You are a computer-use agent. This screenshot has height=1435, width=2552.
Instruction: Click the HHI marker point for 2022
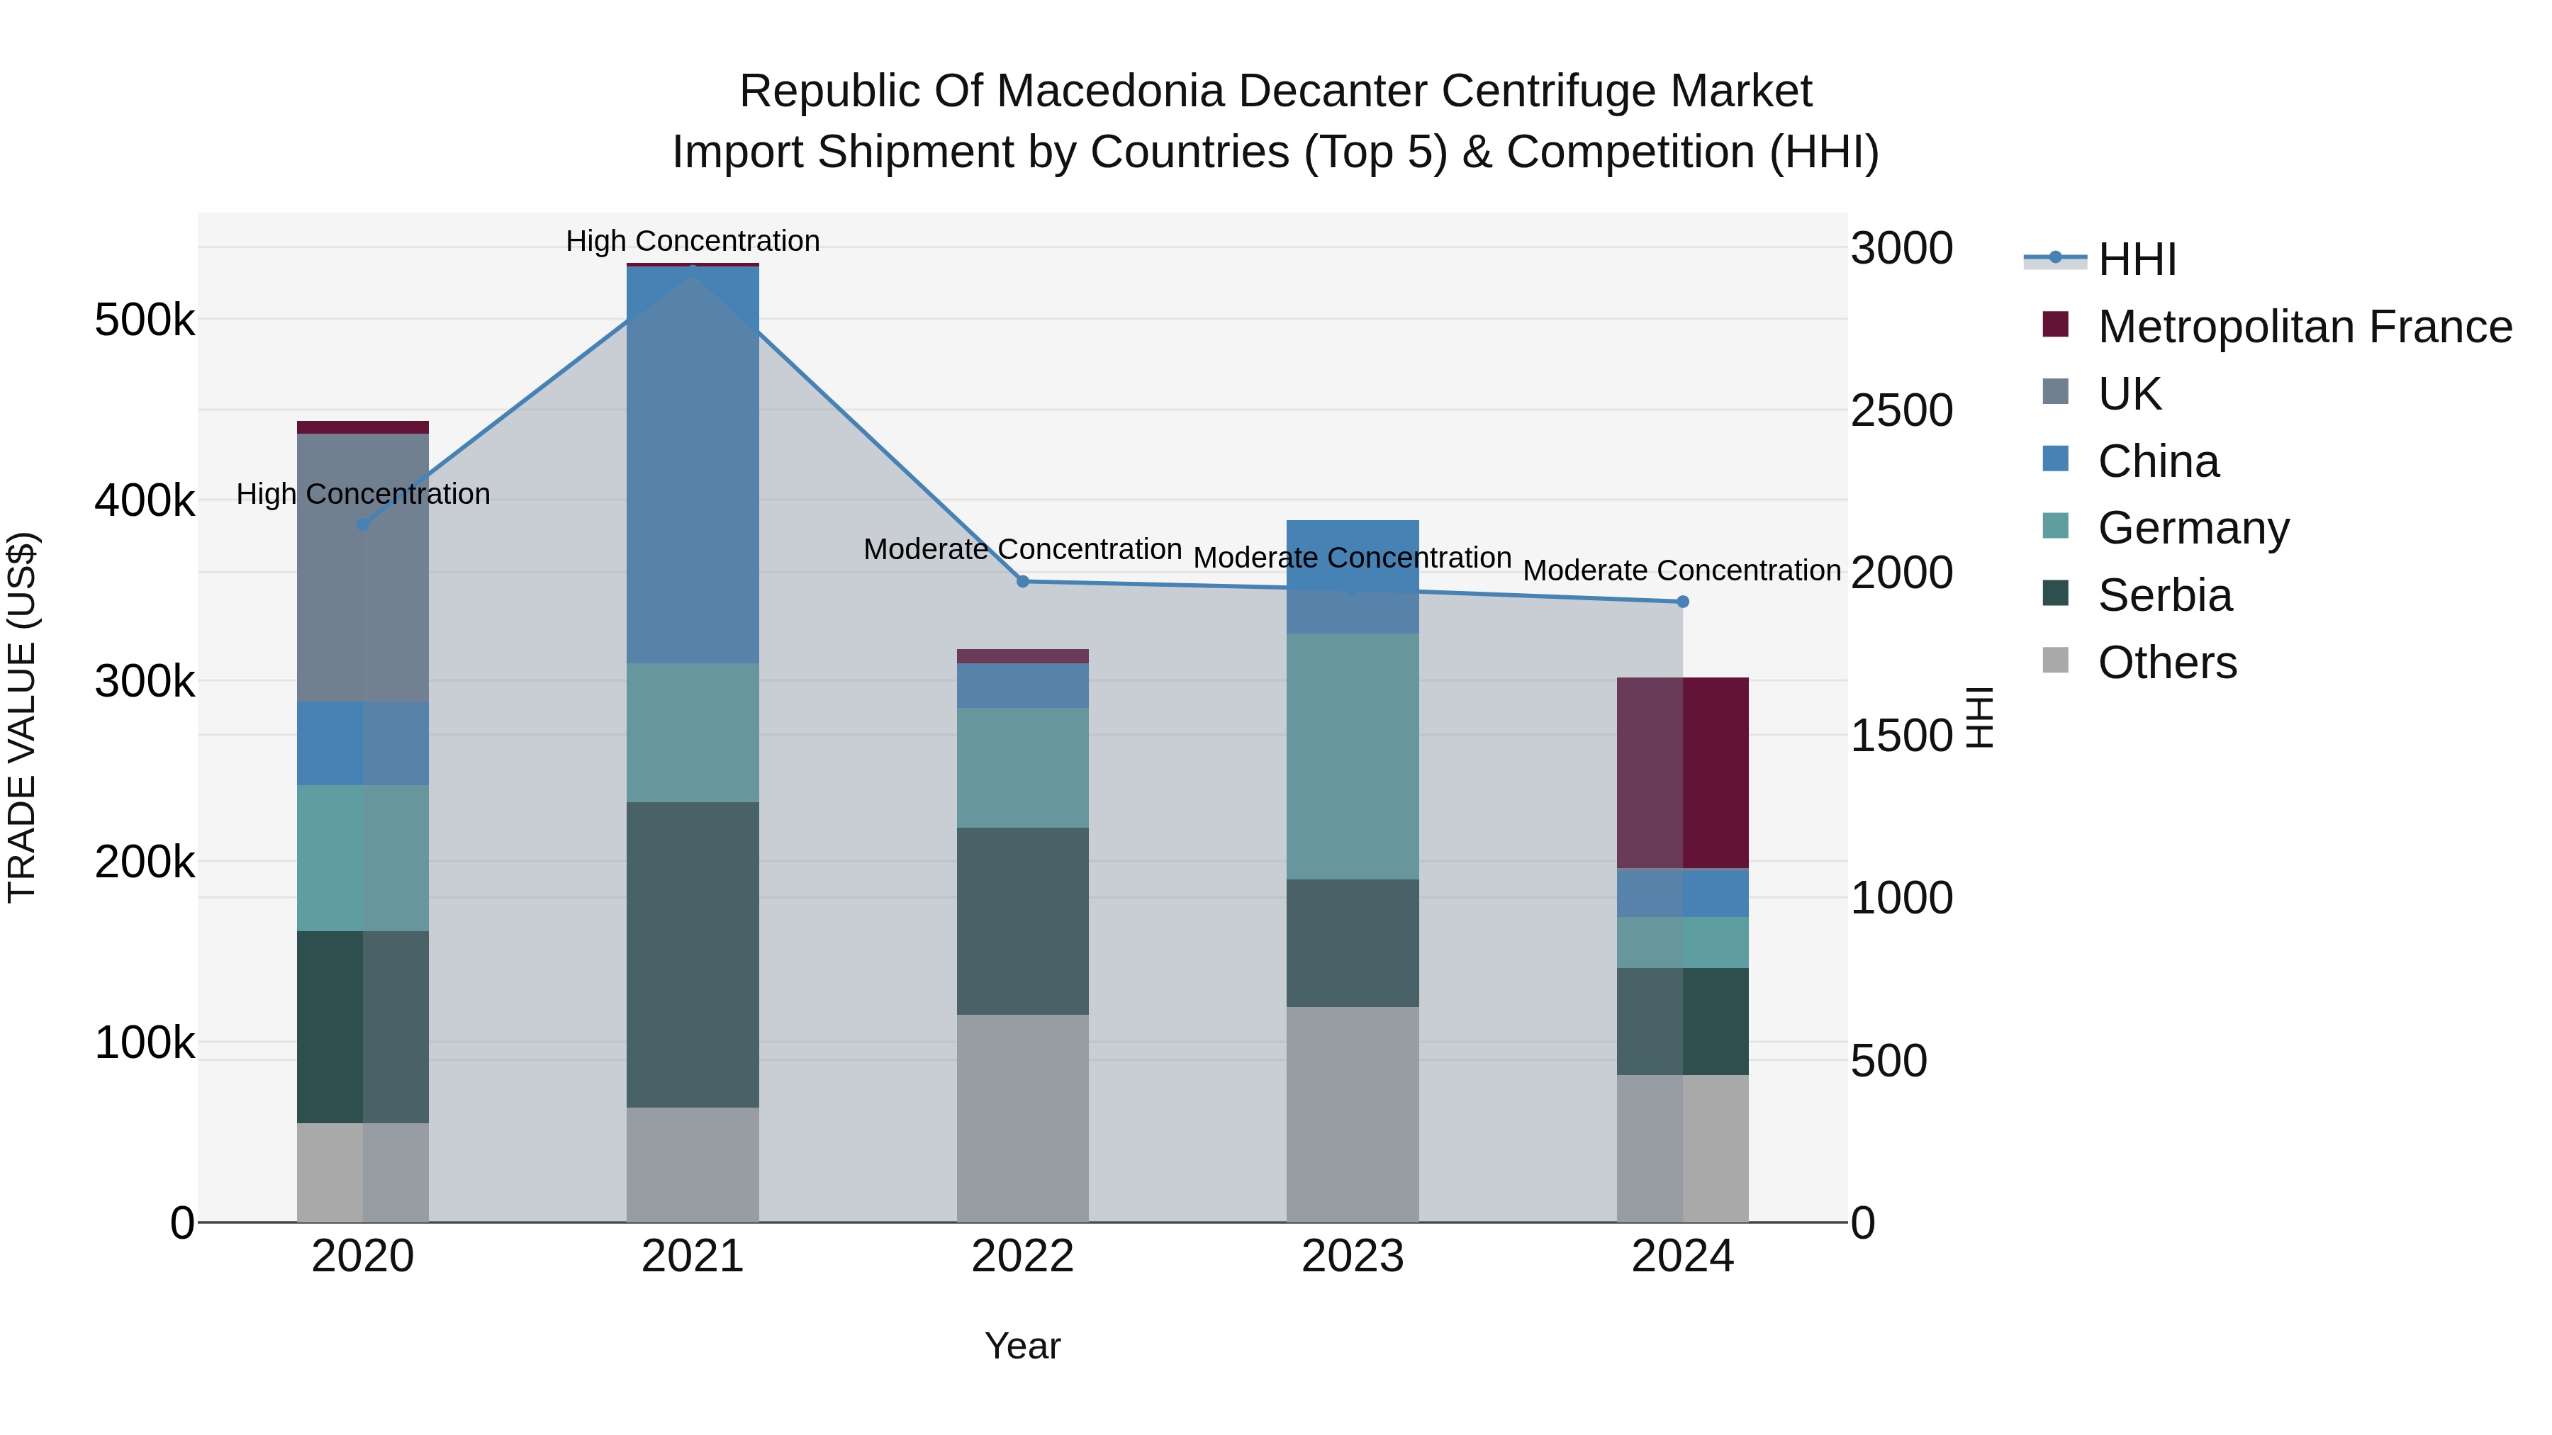tap(1022, 581)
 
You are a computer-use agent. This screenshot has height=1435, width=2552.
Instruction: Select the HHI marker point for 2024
tap(1682, 601)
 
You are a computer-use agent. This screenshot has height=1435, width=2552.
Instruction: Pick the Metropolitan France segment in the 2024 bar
tap(1682, 772)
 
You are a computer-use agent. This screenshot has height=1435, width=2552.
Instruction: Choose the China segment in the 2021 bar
tap(693, 466)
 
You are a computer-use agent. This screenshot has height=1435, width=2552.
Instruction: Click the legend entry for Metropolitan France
tap(2305, 326)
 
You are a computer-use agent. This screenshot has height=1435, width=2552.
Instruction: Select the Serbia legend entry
tap(2165, 595)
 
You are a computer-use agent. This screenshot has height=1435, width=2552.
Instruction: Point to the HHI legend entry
tap(2136, 259)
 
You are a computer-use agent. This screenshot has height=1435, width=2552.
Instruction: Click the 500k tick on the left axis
tap(145, 320)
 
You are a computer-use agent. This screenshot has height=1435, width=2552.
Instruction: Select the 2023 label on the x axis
tap(1353, 1256)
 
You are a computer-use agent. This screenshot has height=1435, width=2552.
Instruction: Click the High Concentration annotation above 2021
tap(693, 241)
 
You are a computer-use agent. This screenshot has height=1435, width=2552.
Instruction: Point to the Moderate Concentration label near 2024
tap(1681, 570)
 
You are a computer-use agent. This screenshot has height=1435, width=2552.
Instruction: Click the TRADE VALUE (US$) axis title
tap(23, 717)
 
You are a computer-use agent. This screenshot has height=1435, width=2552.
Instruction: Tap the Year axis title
tap(1022, 1346)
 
